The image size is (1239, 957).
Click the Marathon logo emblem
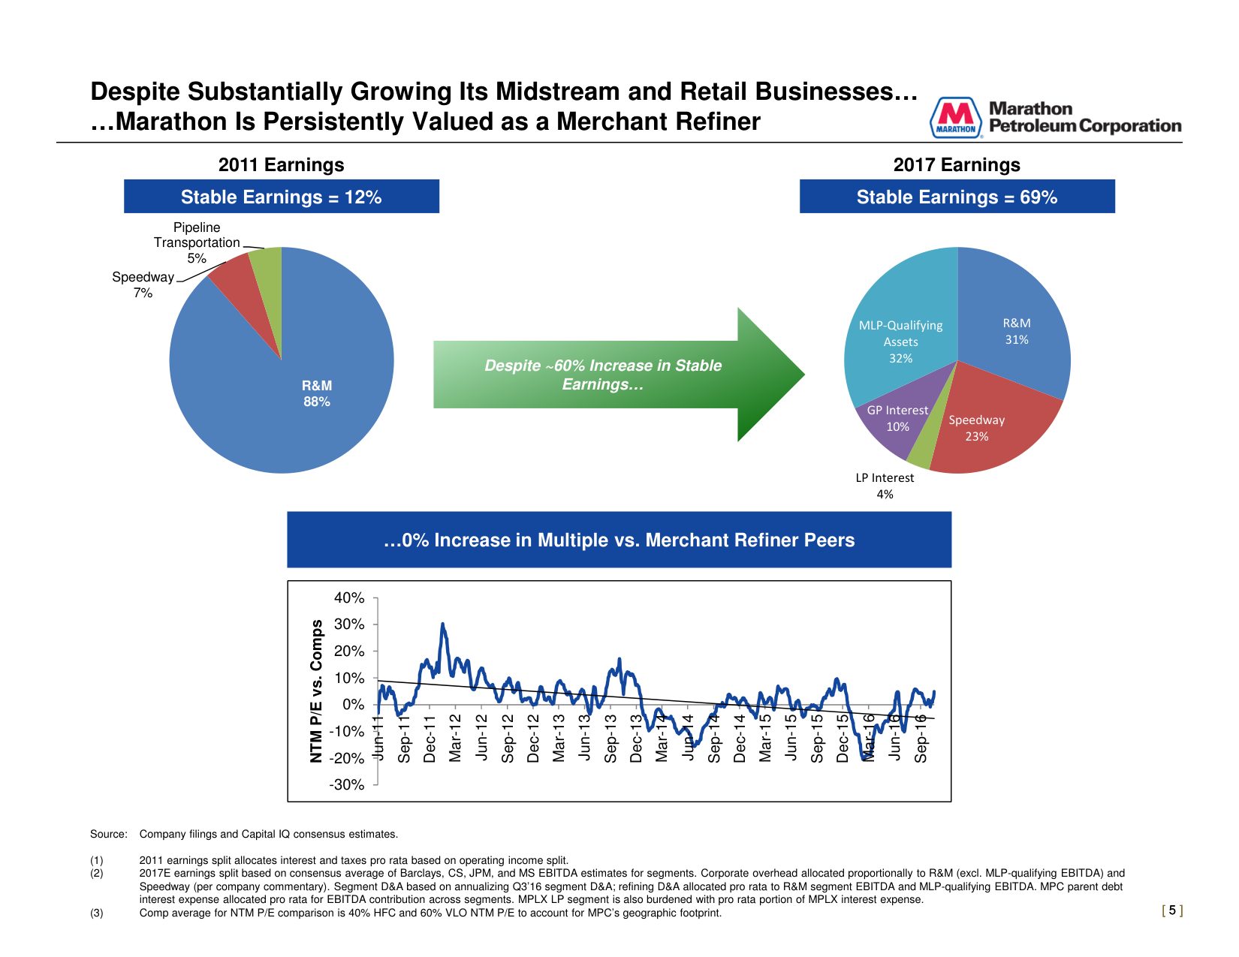click(955, 119)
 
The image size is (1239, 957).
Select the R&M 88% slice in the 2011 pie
click(300, 405)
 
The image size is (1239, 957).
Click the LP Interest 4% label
click(885, 486)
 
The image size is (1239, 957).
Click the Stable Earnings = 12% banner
click(281, 197)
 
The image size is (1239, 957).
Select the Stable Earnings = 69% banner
click(957, 197)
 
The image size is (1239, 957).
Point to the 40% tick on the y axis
click(349, 598)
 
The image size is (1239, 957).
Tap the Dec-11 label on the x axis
click(430, 739)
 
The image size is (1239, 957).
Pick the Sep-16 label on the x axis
click(921, 739)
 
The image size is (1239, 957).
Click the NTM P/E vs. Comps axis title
click(317, 691)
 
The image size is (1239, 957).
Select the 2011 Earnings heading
click(281, 165)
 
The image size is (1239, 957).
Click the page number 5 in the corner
click(1172, 910)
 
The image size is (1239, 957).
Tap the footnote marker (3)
click(97, 913)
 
